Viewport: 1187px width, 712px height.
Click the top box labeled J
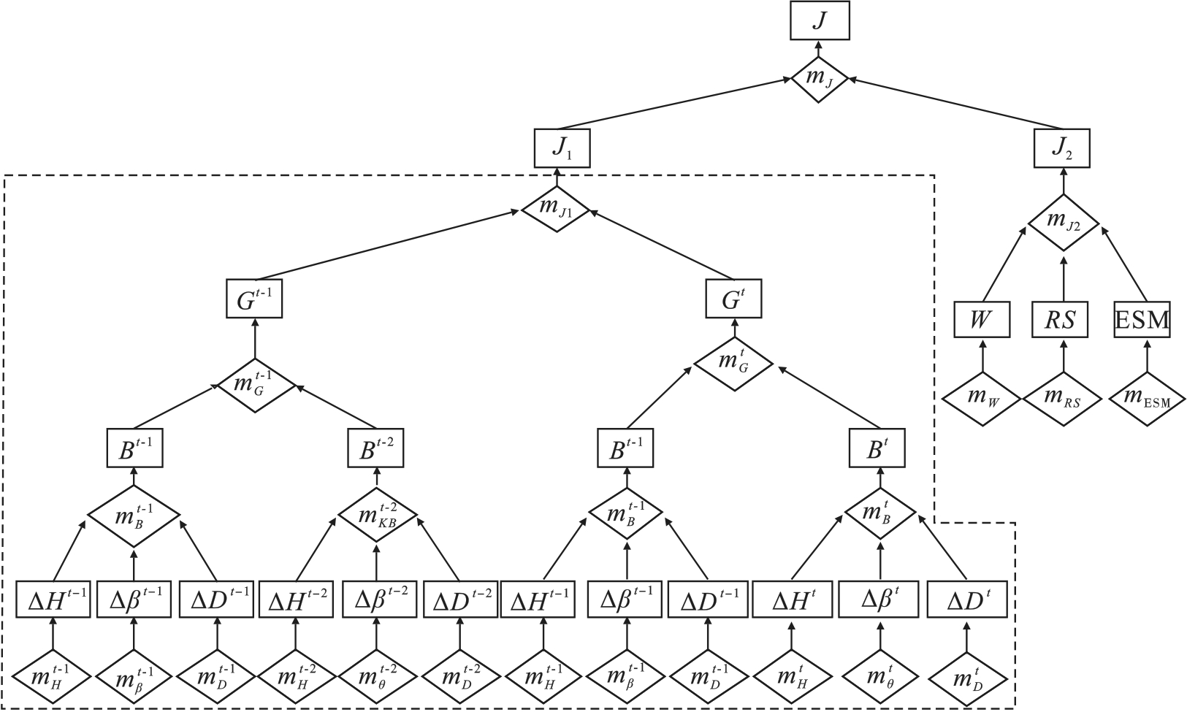pyautogui.click(x=820, y=20)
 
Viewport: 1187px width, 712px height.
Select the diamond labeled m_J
pyautogui.click(x=820, y=80)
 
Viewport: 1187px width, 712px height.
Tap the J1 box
pyautogui.click(x=561, y=149)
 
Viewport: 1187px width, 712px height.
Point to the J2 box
pyautogui.click(x=1062, y=149)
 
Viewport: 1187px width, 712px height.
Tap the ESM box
pyautogui.click(x=1142, y=319)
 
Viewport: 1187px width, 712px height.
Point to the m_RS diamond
pyautogui.click(x=1062, y=399)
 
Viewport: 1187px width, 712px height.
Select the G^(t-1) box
pyautogui.click(x=253, y=299)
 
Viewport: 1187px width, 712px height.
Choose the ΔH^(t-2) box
pyautogui.click(x=295, y=601)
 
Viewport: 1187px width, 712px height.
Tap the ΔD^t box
pyautogui.click(x=967, y=601)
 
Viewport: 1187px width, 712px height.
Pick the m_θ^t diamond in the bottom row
pyautogui.click(x=880, y=682)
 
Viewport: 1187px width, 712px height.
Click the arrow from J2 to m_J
pyautogui.click(x=957, y=104)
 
